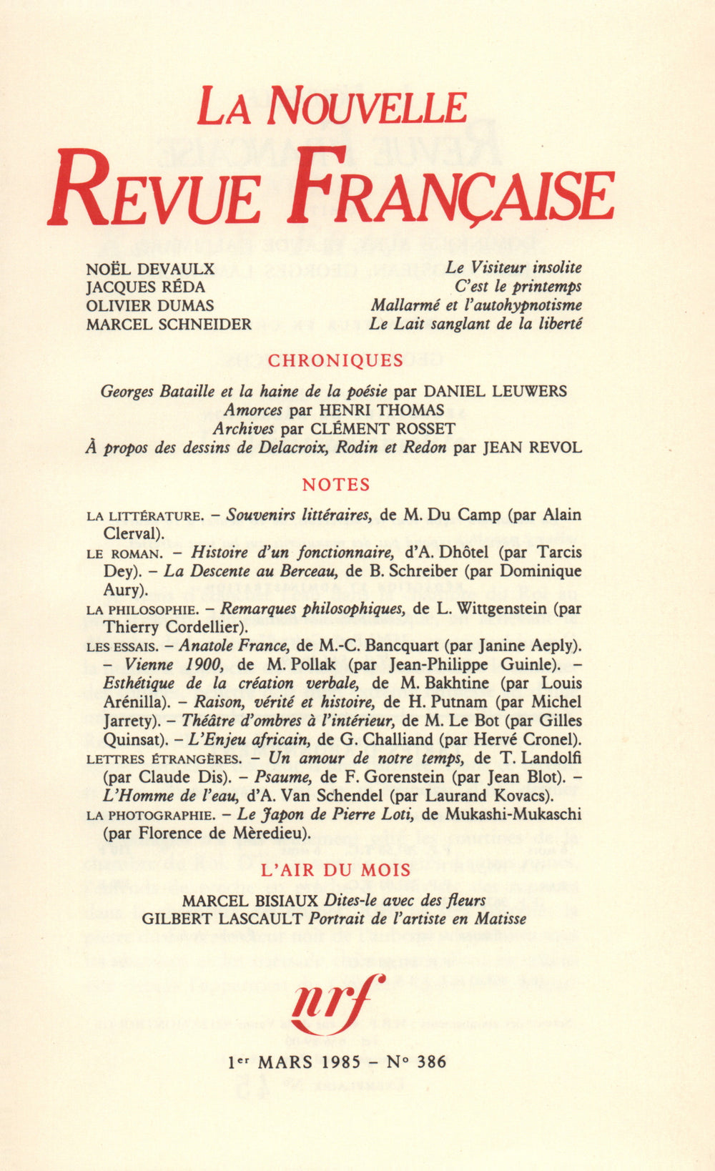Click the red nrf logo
click(x=336, y=1001)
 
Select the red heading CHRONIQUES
click(x=335, y=360)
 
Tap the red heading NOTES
click(x=336, y=485)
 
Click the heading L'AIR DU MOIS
click(x=336, y=870)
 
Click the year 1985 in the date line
click(x=341, y=1062)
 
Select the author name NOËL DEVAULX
click(x=150, y=268)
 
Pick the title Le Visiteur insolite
click(x=513, y=267)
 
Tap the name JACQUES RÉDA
click(x=145, y=287)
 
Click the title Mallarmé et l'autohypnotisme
click(x=476, y=305)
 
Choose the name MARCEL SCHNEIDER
click(x=169, y=324)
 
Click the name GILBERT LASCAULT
click(x=222, y=919)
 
